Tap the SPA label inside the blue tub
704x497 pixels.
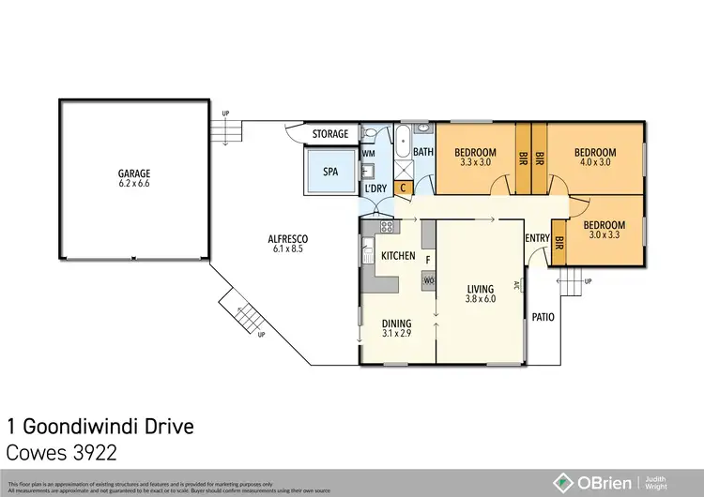click(330, 173)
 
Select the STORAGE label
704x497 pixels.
click(330, 134)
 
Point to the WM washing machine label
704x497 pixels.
click(369, 153)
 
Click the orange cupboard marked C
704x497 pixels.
click(403, 188)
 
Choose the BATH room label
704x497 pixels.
click(423, 152)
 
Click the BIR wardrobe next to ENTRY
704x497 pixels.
click(559, 241)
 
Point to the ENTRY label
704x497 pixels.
click(537, 238)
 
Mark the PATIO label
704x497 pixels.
click(543, 317)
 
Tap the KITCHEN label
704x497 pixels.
click(398, 256)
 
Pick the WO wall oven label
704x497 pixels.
click(429, 280)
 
